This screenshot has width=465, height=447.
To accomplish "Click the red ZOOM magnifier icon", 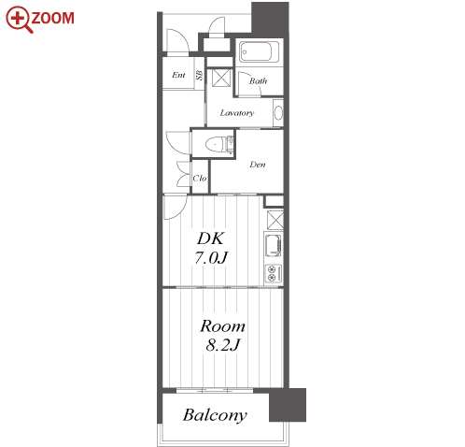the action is [19, 19].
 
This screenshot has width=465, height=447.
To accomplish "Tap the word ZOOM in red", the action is [53, 18].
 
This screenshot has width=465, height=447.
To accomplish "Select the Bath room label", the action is [258, 81].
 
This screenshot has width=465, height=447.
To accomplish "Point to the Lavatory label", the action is [237, 113].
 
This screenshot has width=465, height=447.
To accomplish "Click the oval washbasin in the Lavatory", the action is [278, 112].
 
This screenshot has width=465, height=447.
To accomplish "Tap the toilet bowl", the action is [216, 144].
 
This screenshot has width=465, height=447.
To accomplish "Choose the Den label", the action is [258, 165].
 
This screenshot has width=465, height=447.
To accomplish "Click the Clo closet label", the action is [200, 179].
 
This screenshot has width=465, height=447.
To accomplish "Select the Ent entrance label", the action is [178, 75].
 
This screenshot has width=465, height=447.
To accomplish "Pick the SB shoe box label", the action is [199, 75].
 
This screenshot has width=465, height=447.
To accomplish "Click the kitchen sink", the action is [274, 245].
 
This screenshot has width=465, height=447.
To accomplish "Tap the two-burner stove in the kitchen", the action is [274, 273].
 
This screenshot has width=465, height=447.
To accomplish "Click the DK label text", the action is [211, 238].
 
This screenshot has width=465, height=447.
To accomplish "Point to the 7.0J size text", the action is [211, 258].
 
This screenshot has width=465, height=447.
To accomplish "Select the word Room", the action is [222, 326].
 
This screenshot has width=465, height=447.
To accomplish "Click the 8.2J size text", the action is [223, 345].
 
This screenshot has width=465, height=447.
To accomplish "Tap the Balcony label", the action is [215, 415].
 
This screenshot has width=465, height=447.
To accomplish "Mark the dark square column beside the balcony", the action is [288, 405].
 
